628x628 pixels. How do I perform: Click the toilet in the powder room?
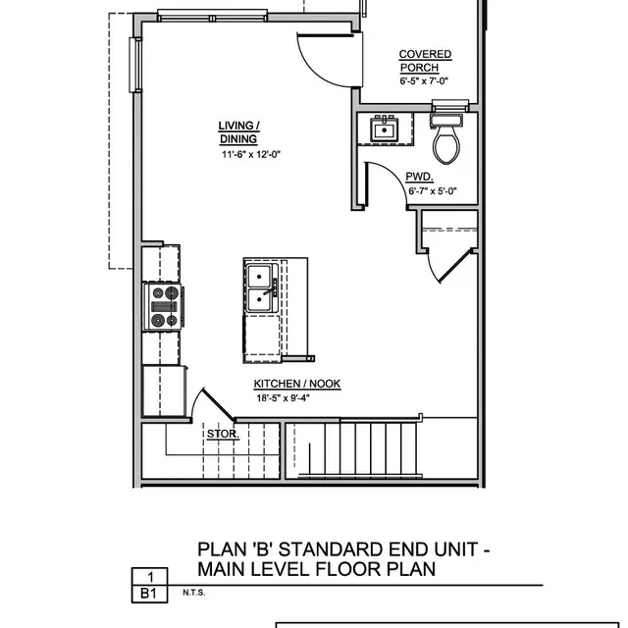tap(446, 140)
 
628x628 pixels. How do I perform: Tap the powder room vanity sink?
tap(382, 130)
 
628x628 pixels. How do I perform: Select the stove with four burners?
tap(163, 305)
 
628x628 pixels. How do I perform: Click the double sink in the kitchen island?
tap(260, 288)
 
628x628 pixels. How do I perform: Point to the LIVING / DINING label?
tap(238, 131)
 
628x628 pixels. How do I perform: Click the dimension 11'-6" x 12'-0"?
tap(251, 155)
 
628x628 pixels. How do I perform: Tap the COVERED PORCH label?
tap(425, 61)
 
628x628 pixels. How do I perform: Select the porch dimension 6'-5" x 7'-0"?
tap(425, 81)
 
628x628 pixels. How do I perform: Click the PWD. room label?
tap(419, 177)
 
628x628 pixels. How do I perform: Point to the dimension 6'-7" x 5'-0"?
tap(433, 192)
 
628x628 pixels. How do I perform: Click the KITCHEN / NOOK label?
tap(297, 384)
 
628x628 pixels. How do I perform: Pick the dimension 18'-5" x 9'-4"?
tap(297, 398)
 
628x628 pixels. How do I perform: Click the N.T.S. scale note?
tap(194, 594)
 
